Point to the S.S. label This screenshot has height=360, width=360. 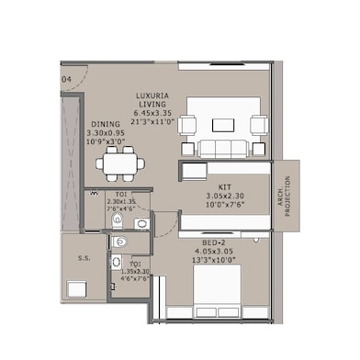click(x=83, y=258)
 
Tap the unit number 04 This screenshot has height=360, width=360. click(x=67, y=80)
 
